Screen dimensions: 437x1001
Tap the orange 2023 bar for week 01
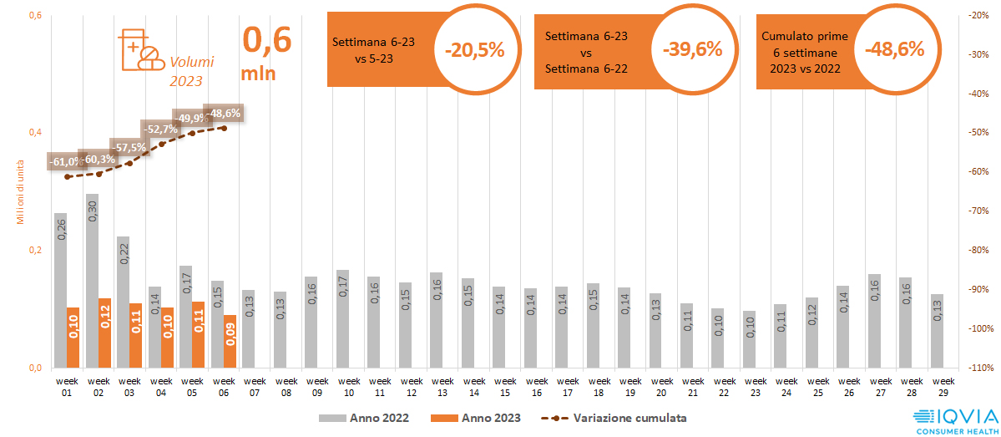[x=73, y=338]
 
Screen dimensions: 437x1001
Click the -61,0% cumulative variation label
[x=66, y=161]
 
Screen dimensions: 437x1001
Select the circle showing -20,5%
[x=475, y=49]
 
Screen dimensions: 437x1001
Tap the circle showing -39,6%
[x=692, y=49]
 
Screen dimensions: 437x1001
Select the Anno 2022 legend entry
[x=363, y=418]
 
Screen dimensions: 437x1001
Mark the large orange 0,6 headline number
[x=266, y=39]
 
